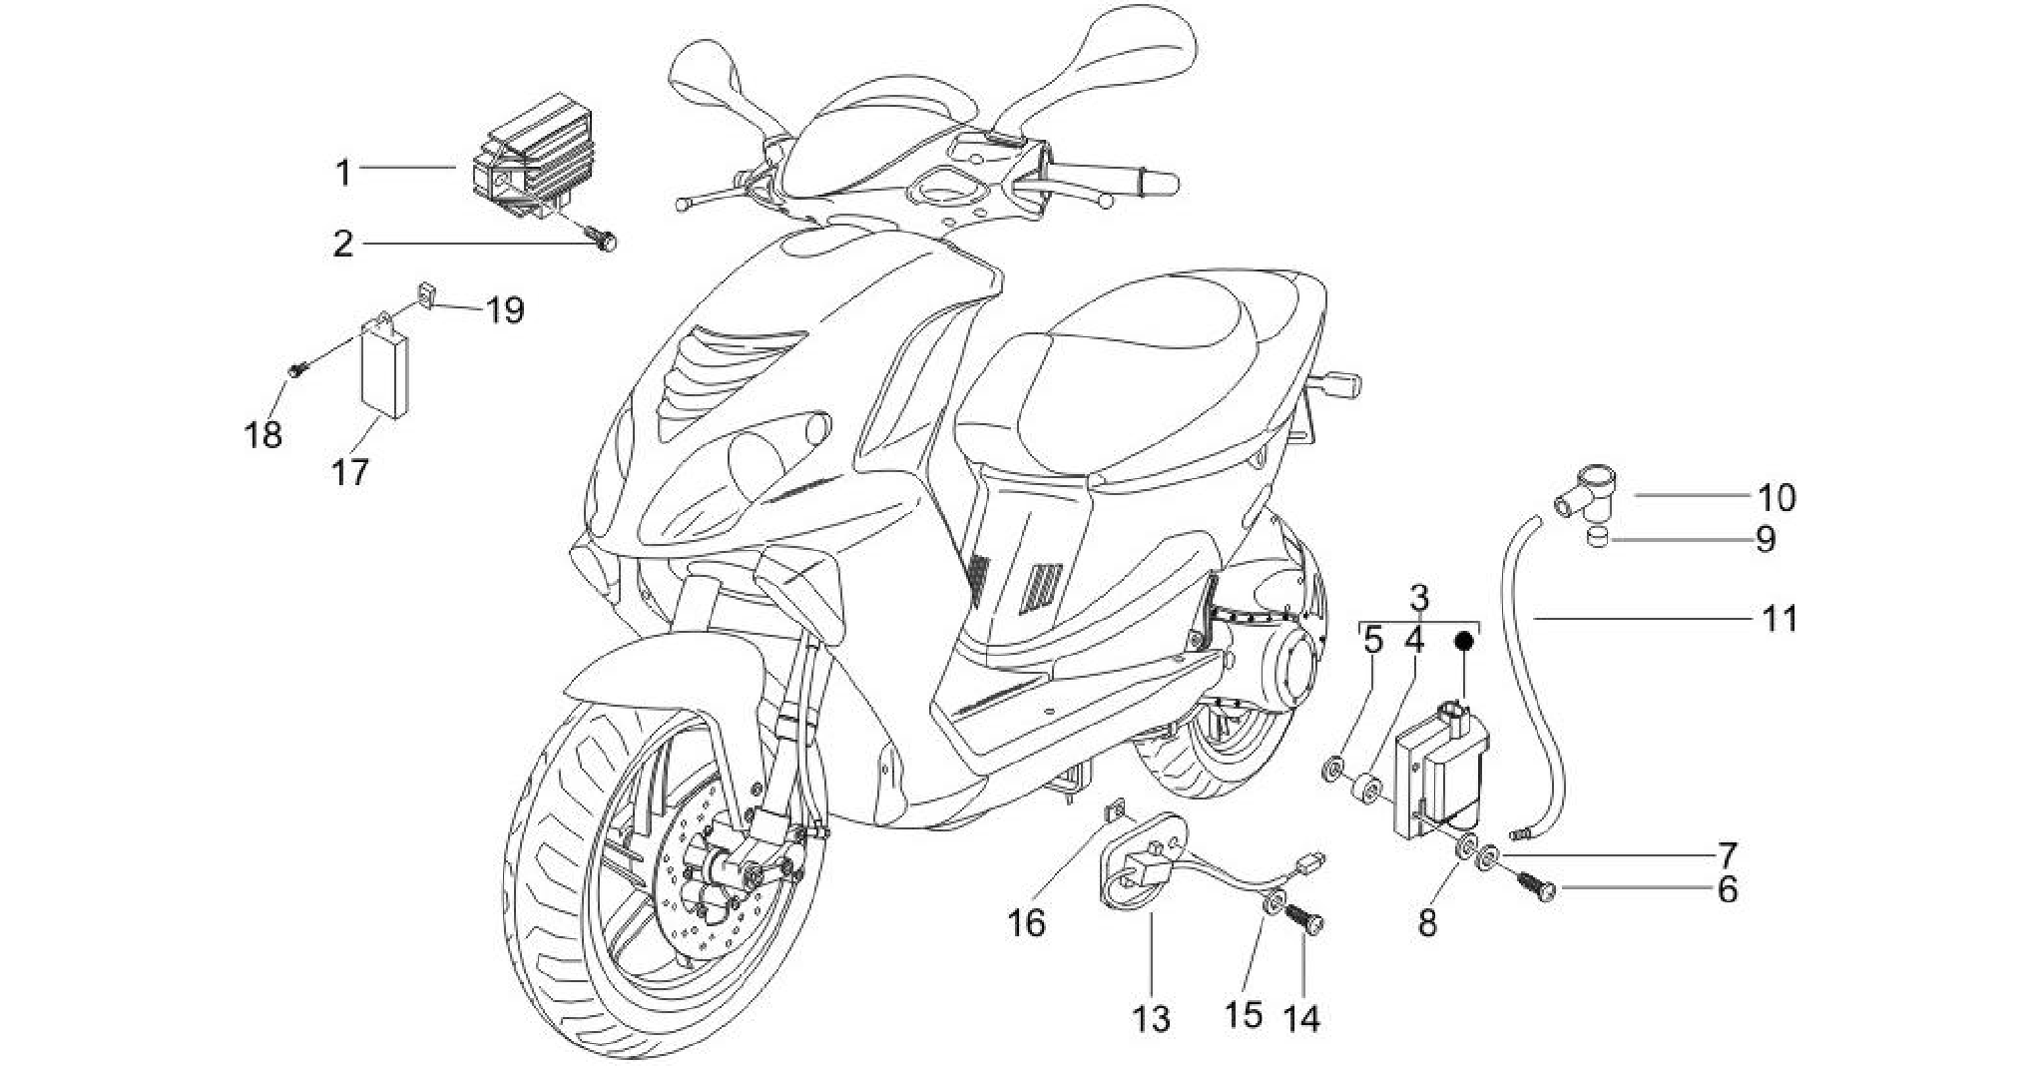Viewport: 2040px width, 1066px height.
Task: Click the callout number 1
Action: point(343,172)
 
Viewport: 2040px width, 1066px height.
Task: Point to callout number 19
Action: point(505,310)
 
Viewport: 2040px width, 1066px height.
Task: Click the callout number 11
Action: point(1779,619)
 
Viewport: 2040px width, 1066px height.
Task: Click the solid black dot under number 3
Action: point(1464,642)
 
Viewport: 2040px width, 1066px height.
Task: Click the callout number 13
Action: point(1150,1019)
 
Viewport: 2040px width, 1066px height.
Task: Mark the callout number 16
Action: point(1026,923)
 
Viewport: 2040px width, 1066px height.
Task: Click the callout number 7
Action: point(1728,855)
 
